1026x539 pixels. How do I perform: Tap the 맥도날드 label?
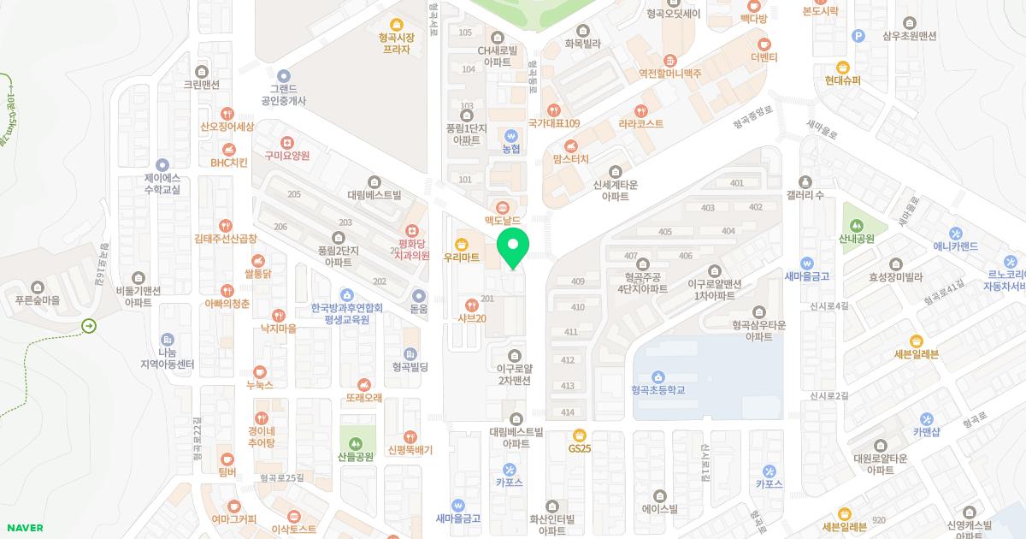tap(502, 220)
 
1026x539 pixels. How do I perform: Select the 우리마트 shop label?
tap(461, 256)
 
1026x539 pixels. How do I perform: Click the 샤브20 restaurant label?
tap(471, 318)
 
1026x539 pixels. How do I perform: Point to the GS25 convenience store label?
tap(580, 447)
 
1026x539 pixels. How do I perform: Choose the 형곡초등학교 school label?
tap(658, 389)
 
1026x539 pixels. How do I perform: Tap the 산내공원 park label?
tap(857, 239)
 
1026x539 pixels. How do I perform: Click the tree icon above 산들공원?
tap(356, 442)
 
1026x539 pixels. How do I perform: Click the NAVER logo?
tap(24, 528)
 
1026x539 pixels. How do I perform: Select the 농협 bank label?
tap(510, 148)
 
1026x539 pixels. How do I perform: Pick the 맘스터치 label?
tap(572, 159)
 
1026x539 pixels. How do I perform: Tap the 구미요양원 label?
tap(286, 156)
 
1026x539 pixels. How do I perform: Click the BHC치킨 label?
tap(228, 162)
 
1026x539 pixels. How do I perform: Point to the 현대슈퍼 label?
tap(843, 80)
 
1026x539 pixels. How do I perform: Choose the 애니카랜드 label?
tap(955, 246)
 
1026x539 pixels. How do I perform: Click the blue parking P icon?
tap(858, 35)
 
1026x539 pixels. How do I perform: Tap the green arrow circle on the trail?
tap(89, 326)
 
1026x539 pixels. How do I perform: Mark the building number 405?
tap(665, 232)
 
